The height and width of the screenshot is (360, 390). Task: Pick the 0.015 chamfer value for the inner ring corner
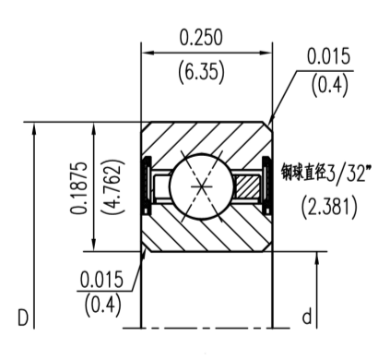point(103,280)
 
